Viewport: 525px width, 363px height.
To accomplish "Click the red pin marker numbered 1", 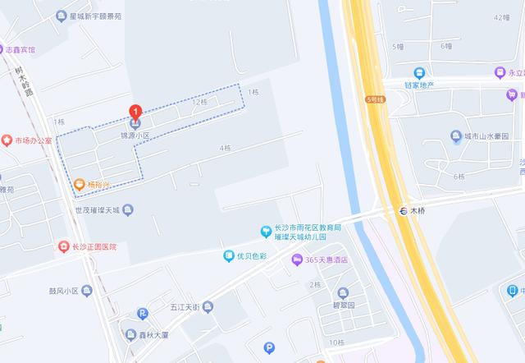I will click(135, 112).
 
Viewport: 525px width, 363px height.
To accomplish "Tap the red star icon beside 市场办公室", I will click(7, 140).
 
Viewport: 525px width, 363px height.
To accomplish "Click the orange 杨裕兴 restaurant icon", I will click(79, 184).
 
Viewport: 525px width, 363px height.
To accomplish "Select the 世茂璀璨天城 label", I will click(98, 210).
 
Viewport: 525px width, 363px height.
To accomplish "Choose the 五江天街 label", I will click(185, 307).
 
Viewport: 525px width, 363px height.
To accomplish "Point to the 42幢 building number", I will click(502, 16).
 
